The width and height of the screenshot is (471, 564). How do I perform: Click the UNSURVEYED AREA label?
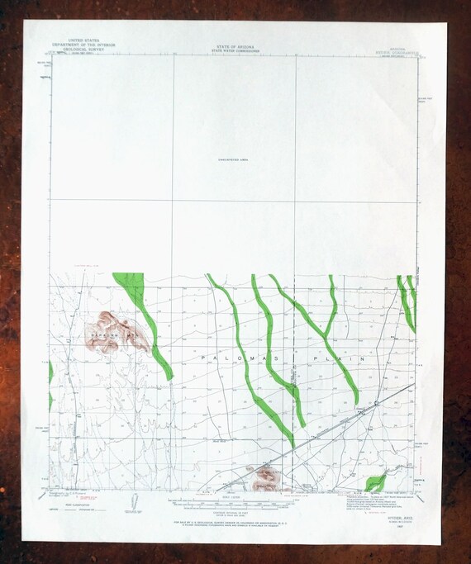point(235,159)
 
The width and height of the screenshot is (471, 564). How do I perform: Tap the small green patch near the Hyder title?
point(376,481)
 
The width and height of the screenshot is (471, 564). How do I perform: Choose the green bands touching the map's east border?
point(408,301)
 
